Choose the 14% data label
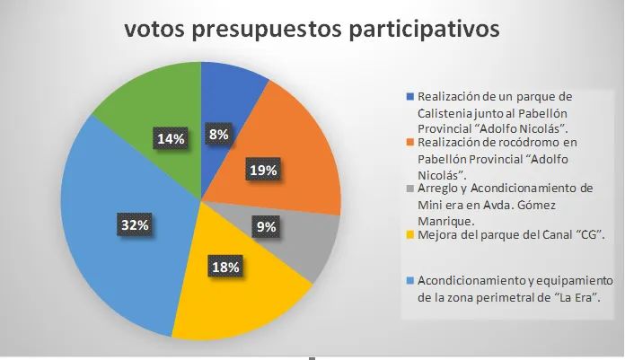coord(171,138)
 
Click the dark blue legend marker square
coord(410,95)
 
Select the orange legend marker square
coord(410,142)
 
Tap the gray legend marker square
coord(410,189)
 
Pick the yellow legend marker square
coord(410,236)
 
